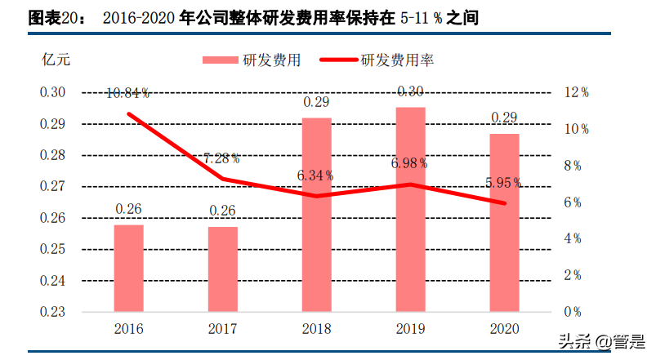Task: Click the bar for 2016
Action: click(x=128, y=268)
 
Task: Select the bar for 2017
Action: click(x=222, y=269)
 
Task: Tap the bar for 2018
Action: click(x=316, y=214)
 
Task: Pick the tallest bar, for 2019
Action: click(x=410, y=209)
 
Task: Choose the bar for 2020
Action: click(x=504, y=222)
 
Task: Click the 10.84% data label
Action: click(x=128, y=95)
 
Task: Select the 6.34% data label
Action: click(x=316, y=175)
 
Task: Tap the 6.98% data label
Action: click(x=410, y=163)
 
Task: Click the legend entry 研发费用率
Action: click(x=397, y=60)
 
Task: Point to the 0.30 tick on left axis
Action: click(x=52, y=92)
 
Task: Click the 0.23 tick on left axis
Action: click(x=52, y=312)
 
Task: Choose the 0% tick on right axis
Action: click(x=571, y=312)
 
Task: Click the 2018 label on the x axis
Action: click(x=316, y=329)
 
